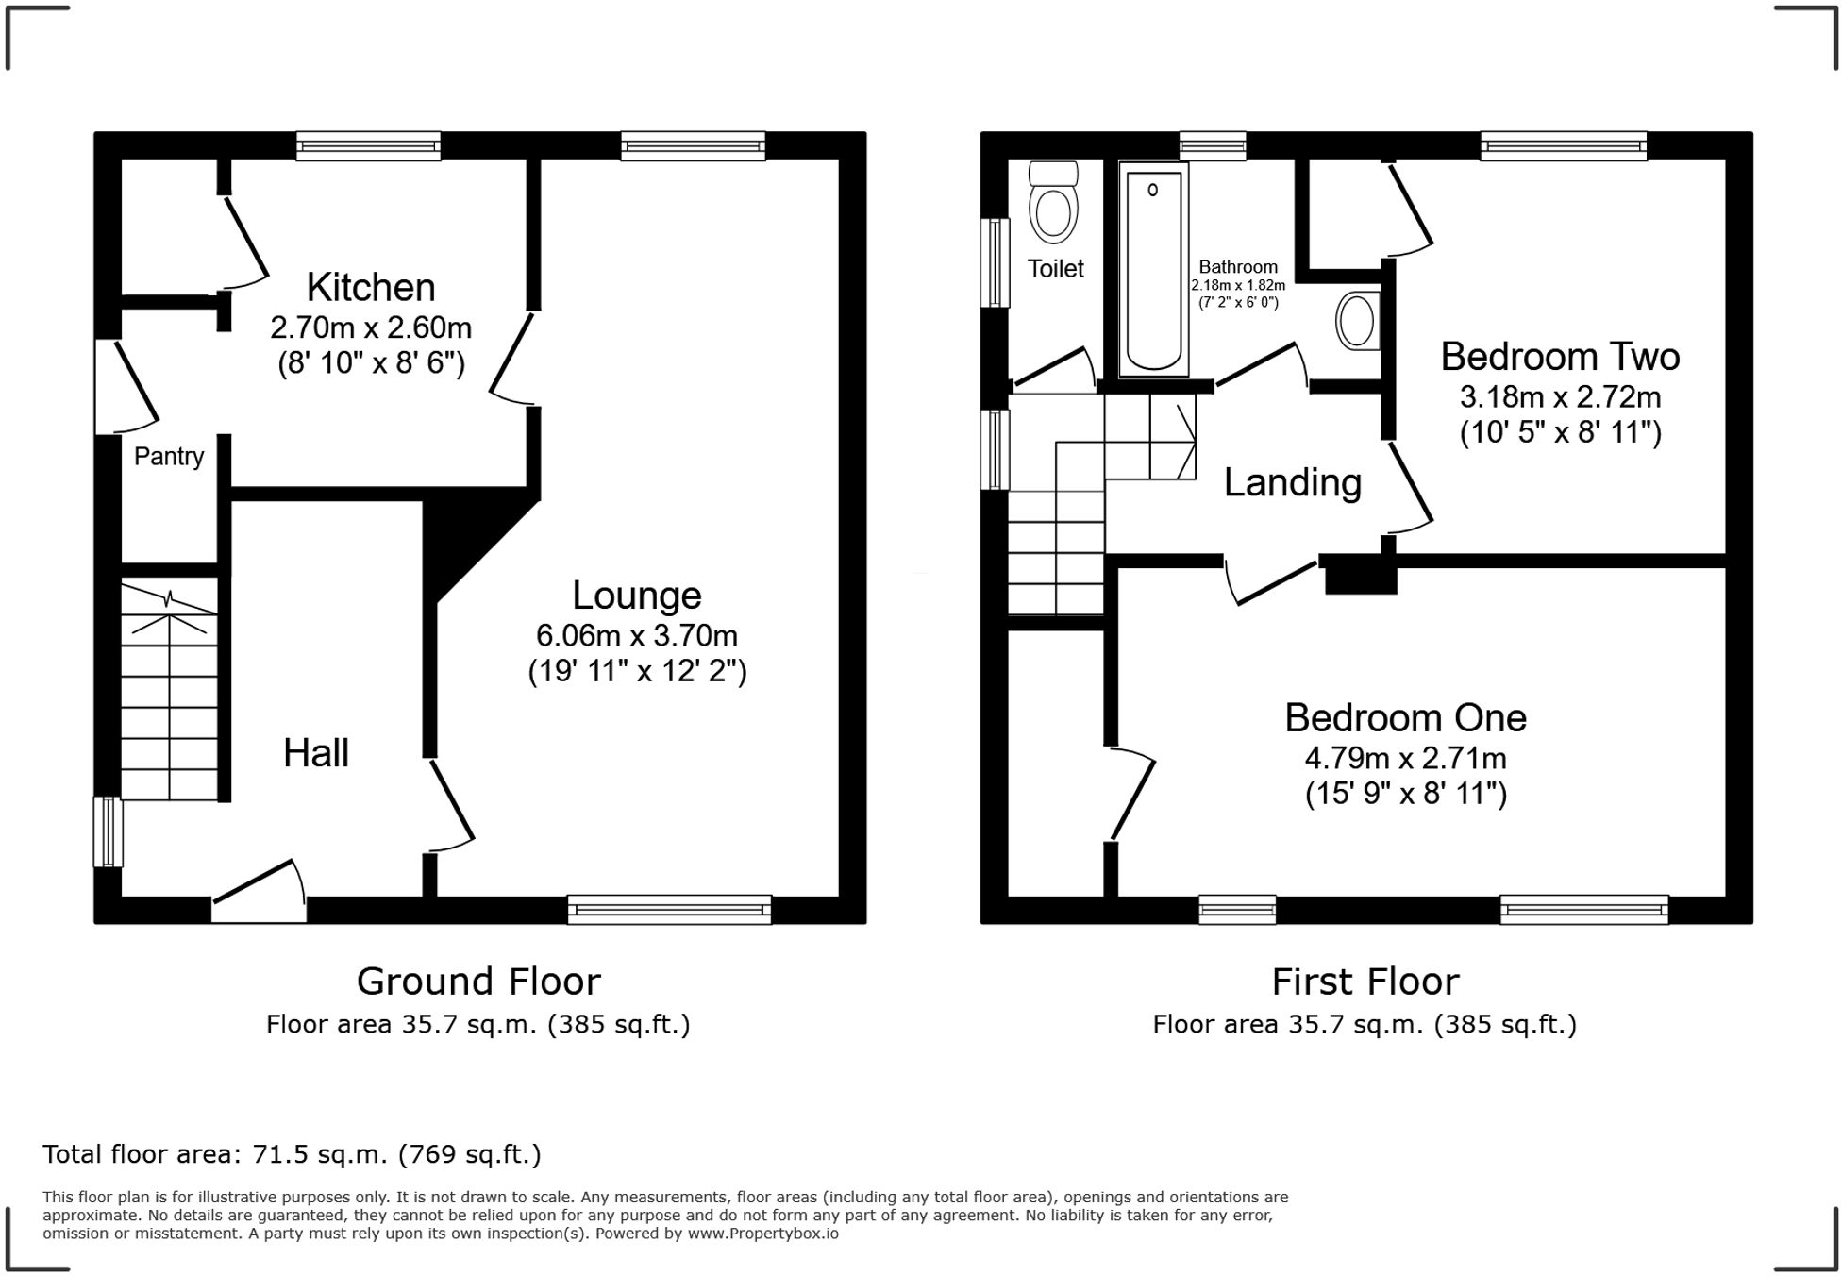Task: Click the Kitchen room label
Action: [x=371, y=287]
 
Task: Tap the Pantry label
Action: [x=169, y=457]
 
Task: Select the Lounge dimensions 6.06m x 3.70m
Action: [x=636, y=635]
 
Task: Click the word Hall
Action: [x=316, y=753]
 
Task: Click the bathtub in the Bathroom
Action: [x=1153, y=272]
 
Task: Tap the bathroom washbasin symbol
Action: [x=1357, y=322]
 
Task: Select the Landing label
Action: [x=1292, y=483]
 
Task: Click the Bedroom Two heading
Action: [x=1559, y=357]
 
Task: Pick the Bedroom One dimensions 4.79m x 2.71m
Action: [x=1405, y=758]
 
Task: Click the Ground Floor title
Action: [x=478, y=982]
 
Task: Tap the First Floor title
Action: [x=1365, y=982]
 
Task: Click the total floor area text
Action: [x=292, y=1153]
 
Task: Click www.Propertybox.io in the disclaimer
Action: [x=762, y=1233]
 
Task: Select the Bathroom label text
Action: [x=1238, y=267]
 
